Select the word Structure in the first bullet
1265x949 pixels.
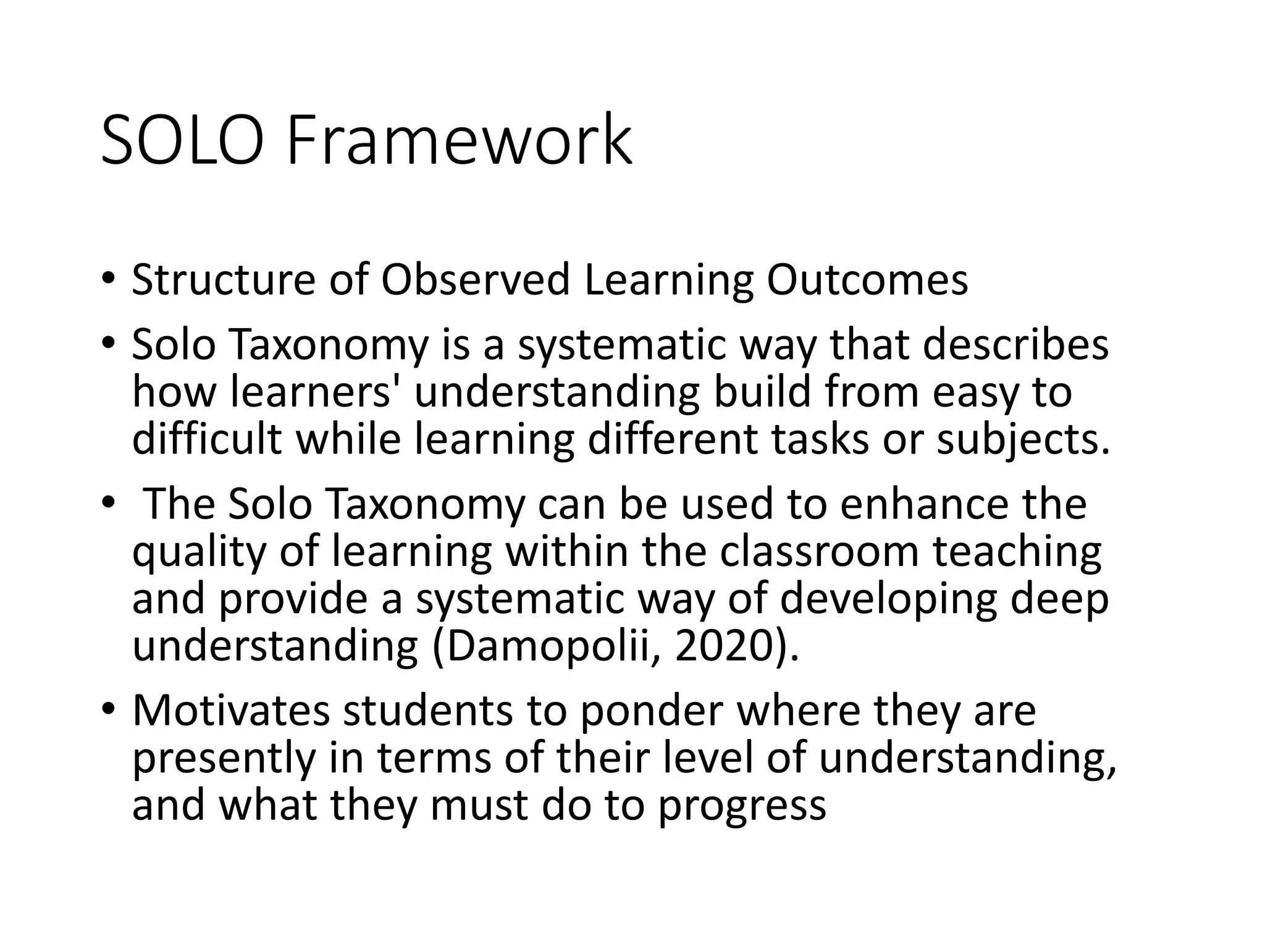coord(224,280)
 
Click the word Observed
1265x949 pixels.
coord(475,280)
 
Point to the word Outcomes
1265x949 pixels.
coord(867,280)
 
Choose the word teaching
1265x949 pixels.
coord(1017,552)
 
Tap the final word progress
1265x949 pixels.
coord(741,807)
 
